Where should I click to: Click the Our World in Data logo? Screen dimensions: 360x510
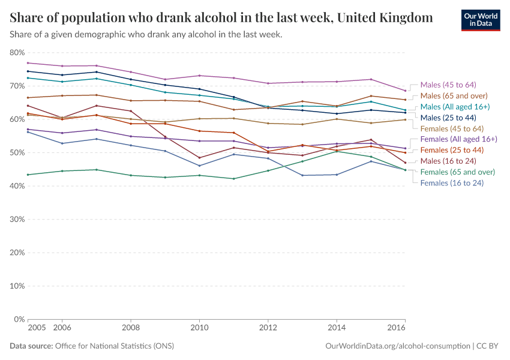pyautogui.click(x=480, y=20)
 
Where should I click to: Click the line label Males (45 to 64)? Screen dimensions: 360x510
pyautogui.click(x=448, y=85)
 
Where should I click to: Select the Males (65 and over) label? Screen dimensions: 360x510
pyautogui.click(x=454, y=95)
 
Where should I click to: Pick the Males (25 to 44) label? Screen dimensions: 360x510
pyautogui.click(x=448, y=118)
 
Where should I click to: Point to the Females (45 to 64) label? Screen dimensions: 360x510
pyautogui.click(x=452, y=128)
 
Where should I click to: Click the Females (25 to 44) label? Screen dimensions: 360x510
pyautogui.click(x=452, y=150)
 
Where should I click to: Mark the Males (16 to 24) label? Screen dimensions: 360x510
pyautogui.click(x=448, y=161)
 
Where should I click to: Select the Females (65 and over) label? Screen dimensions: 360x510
pyautogui.click(x=457, y=172)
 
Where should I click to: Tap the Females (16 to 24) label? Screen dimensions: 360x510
pyautogui.click(x=452, y=182)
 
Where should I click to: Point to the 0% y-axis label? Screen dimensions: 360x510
pyautogui.click(x=18, y=319)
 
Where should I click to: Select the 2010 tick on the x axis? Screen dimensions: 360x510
pyautogui.click(x=199, y=328)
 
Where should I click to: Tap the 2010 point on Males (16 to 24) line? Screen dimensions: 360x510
pyautogui.click(x=199, y=158)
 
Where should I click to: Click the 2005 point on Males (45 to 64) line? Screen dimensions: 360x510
pyautogui.click(x=28, y=63)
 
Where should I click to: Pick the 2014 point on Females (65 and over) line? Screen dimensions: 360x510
pyautogui.click(x=337, y=151)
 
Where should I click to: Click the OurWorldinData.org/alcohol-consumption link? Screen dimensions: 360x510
pyautogui.click(x=398, y=346)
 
